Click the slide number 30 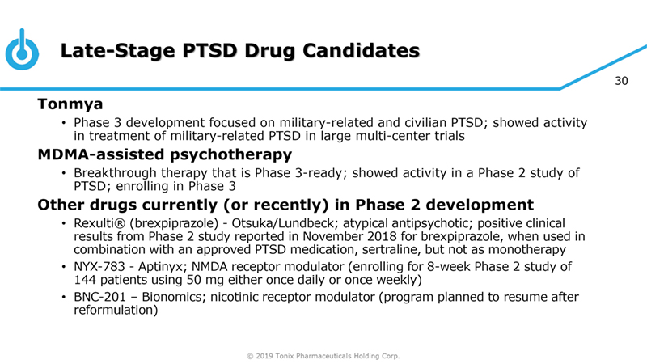pyautogui.click(x=621, y=81)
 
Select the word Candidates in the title pyautogui.click(x=361, y=51)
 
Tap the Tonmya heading pyautogui.click(x=70, y=104)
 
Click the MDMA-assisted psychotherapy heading pyautogui.click(x=165, y=154)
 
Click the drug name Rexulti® pyautogui.click(x=99, y=223)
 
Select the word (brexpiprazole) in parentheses pyautogui.click(x=174, y=224)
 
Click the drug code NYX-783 pyautogui.click(x=99, y=267)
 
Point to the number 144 pyautogui.click(x=85, y=280)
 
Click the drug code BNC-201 pyautogui.click(x=99, y=297)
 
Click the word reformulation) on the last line pyautogui.click(x=116, y=310)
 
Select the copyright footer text pyautogui.click(x=323, y=356)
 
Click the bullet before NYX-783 pyautogui.click(x=64, y=267)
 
